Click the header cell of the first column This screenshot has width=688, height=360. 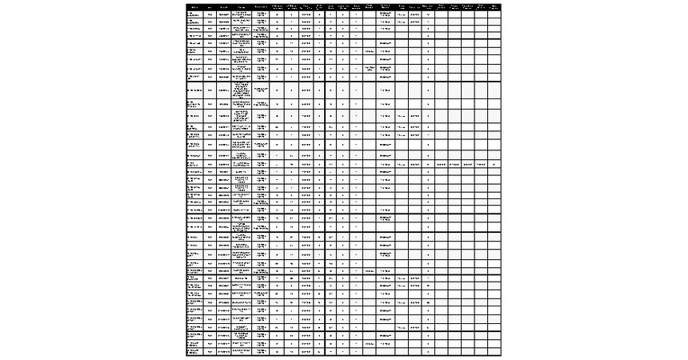pyautogui.click(x=194, y=6)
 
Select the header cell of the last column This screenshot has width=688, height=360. pyautogui.click(x=494, y=6)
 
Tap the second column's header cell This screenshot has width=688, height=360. pyautogui.click(x=210, y=6)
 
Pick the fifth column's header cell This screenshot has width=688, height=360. pyautogui.click(x=262, y=6)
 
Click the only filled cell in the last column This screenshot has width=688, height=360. pyautogui.click(x=494, y=164)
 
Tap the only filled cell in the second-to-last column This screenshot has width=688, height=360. pyautogui.click(x=481, y=164)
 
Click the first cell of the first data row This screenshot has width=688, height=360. pyautogui.click(x=194, y=14)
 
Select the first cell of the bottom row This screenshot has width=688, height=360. pyautogui.click(x=194, y=350)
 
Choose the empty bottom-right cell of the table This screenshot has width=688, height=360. pyautogui.click(x=494, y=350)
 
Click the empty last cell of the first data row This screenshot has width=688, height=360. pyautogui.click(x=494, y=14)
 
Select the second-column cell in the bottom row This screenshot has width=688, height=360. pyautogui.click(x=210, y=350)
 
